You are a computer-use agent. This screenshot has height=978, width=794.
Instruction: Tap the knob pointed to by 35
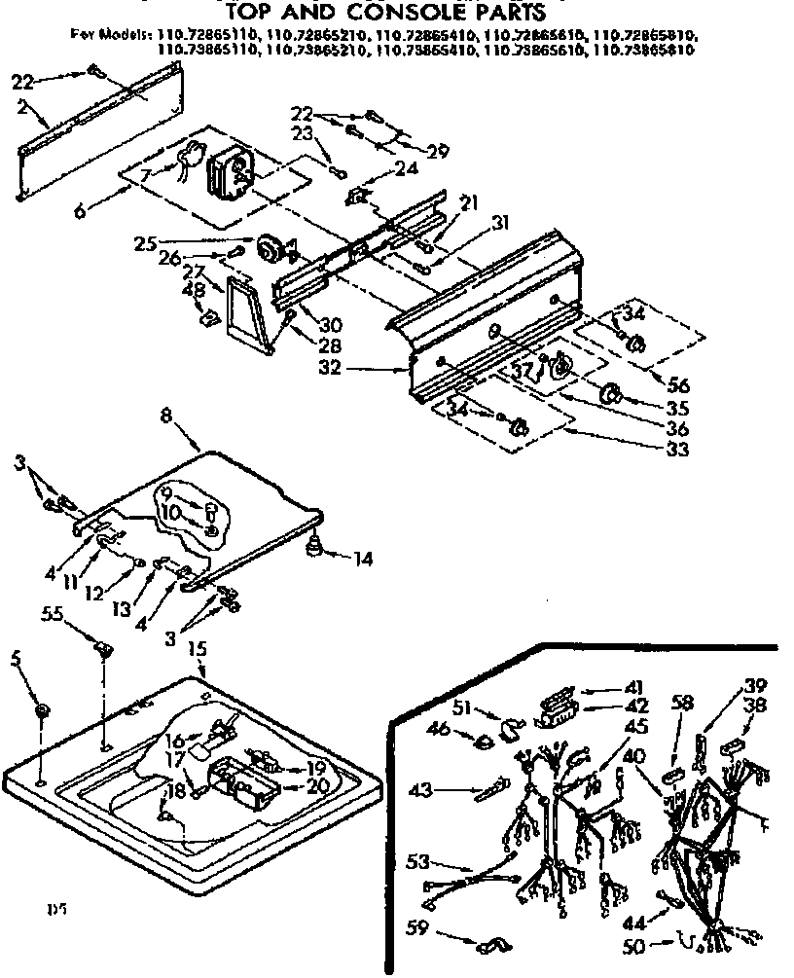tap(612, 393)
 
